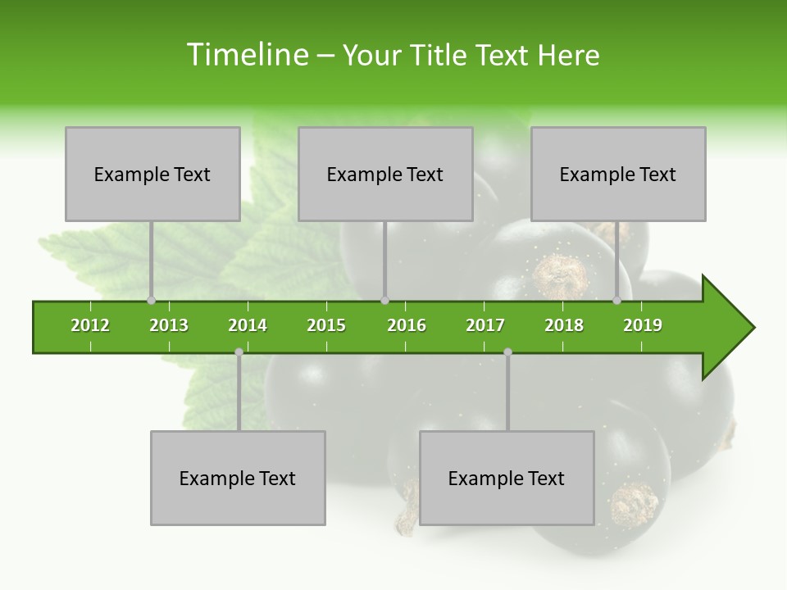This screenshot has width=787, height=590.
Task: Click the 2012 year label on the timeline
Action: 90,325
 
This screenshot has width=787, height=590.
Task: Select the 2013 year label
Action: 169,325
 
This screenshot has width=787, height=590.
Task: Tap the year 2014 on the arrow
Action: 248,325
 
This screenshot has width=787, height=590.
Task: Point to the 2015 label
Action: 326,325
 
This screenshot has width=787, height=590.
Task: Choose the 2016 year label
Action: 407,325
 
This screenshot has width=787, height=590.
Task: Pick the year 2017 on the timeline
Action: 485,325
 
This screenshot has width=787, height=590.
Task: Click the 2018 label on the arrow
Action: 564,325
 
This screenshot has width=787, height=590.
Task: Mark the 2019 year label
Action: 643,325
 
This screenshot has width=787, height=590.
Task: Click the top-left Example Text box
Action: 152,174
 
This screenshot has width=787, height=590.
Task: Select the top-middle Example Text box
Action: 385,174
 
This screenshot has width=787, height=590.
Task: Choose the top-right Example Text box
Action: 618,174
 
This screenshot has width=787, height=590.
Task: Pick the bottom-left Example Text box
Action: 238,478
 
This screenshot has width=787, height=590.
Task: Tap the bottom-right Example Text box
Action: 507,478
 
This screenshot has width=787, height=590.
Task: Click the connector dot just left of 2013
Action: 151,301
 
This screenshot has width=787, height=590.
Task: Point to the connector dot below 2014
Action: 239,352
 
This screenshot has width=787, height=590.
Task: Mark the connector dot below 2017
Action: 507,352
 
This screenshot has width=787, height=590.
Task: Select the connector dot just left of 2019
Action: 616,301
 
